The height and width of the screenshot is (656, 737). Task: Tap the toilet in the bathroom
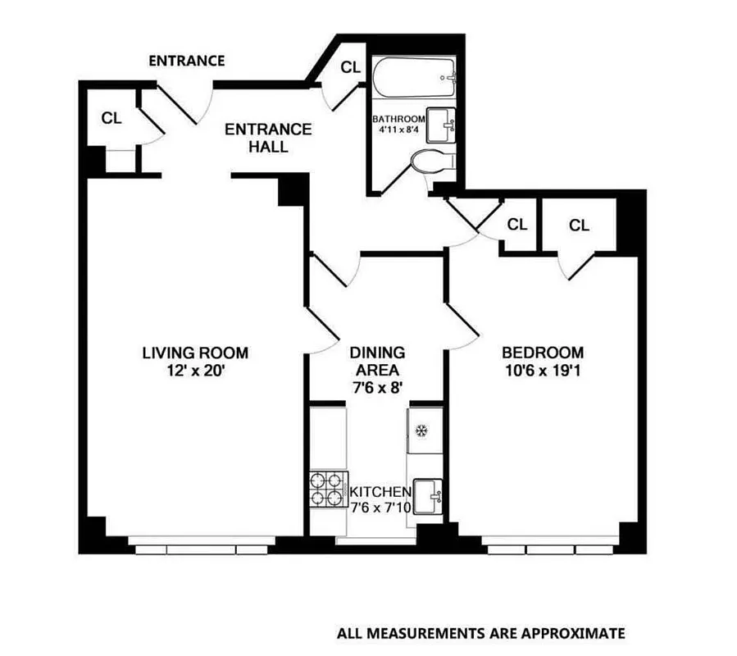tap(428, 162)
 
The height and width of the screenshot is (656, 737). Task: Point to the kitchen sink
tap(427, 495)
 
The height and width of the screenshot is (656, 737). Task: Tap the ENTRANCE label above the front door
tap(186, 61)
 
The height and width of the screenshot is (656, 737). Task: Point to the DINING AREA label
tap(377, 361)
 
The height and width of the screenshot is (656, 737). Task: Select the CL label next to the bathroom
tap(350, 67)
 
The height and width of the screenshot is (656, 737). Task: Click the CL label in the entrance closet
tap(111, 116)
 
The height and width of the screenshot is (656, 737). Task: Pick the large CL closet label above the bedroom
tap(579, 225)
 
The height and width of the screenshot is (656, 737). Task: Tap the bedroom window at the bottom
tap(550, 545)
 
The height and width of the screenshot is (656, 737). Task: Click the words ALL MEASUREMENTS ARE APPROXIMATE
tap(480, 633)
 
